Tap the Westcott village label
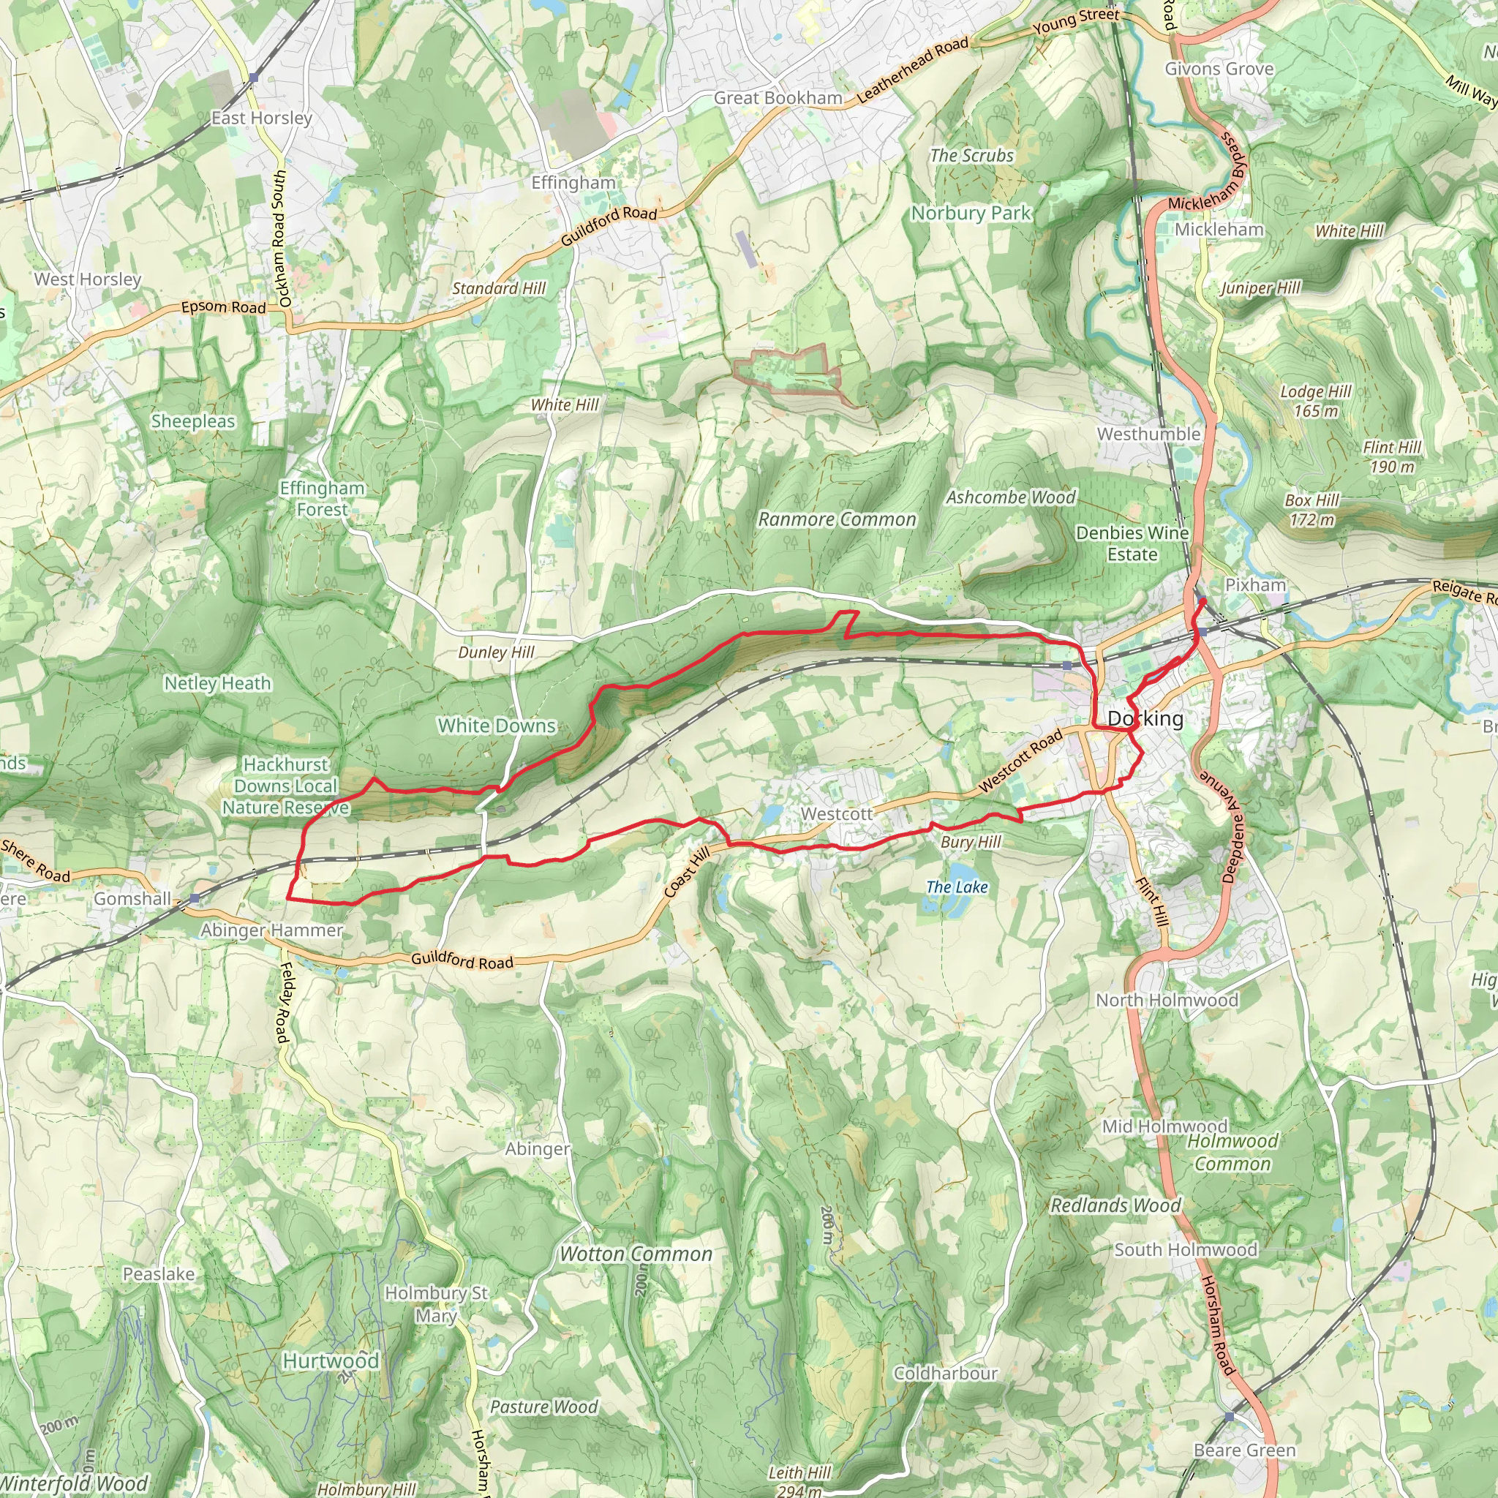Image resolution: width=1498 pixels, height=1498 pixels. coord(836,814)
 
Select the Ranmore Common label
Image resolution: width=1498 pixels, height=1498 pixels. coord(837,519)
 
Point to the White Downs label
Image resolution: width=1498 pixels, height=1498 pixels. coord(496,726)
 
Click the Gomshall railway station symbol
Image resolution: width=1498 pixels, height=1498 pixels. coord(194,899)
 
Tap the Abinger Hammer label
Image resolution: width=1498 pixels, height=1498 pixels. coord(271,930)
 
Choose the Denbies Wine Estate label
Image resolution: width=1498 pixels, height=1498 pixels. coord(1132,543)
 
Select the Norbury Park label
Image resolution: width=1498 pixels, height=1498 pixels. coord(971,214)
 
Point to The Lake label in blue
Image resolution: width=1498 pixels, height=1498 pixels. coord(957,887)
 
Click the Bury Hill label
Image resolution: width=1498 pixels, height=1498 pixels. coord(971,842)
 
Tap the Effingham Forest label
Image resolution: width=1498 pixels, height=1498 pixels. coord(322,499)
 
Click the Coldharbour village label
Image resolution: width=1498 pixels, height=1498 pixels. coord(945,1373)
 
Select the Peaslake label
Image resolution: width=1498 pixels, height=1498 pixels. coord(159,1274)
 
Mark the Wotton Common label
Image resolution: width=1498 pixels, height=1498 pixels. coord(636,1254)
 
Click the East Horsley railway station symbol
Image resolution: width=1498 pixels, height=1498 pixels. coord(254,78)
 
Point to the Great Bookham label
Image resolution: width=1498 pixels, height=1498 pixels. coord(778,99)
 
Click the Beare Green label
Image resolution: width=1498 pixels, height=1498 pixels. coord(1244,1450)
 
